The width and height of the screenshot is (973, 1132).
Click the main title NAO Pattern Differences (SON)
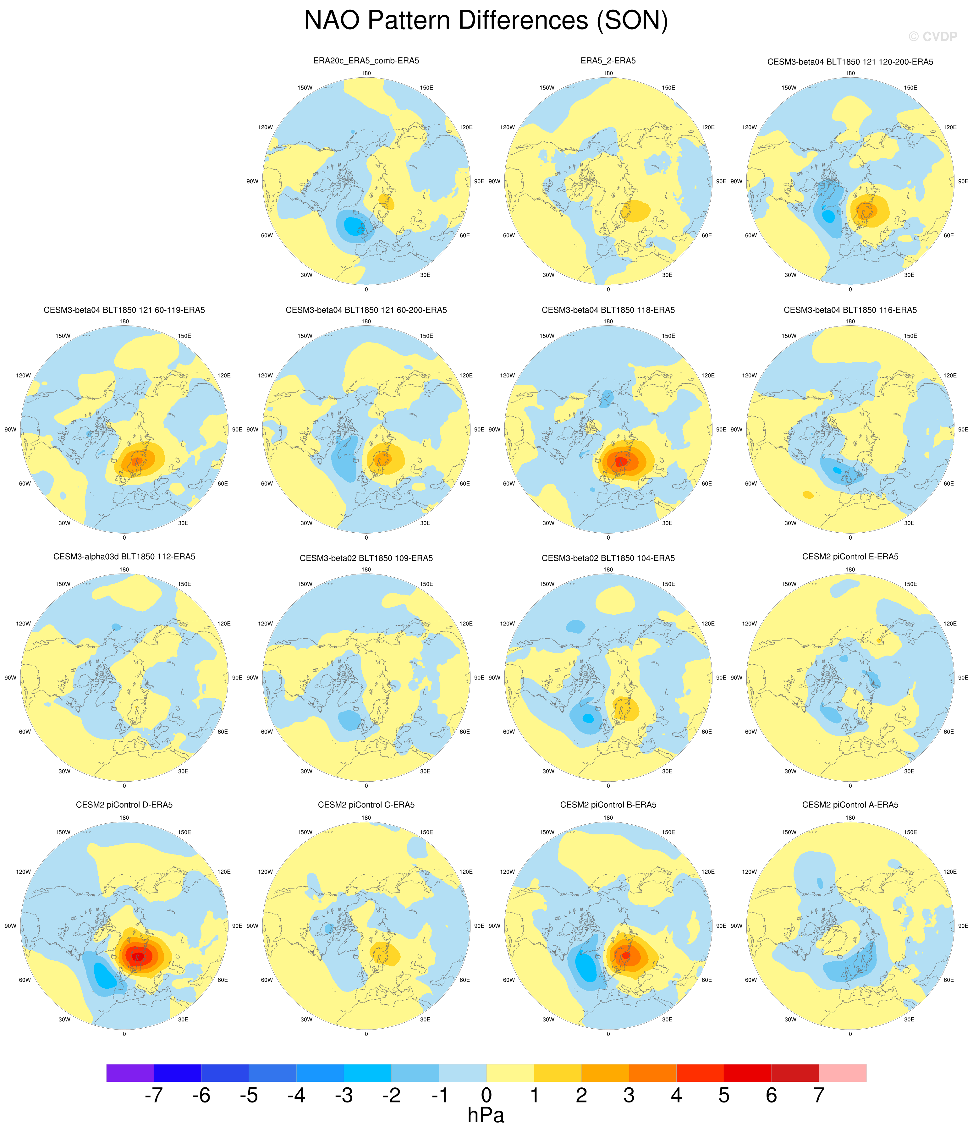click(x=486, y=21)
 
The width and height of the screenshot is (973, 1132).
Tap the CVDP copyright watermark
click(x=932, y=36)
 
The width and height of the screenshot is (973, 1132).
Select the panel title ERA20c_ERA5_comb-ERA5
click(x=366, y=61)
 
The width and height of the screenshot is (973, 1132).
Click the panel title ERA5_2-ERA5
click(x=608, y=61)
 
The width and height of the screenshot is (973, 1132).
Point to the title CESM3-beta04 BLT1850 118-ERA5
click(x=608, y=310)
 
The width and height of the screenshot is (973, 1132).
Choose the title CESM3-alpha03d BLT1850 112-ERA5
click(x=124, y=557)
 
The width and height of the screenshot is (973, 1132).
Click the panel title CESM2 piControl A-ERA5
click(x=850, y=805)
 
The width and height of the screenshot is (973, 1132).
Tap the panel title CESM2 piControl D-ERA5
click(x=124, y=805)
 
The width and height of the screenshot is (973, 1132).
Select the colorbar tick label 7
click(x=818, y=1096)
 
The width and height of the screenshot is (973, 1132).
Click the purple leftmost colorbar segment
click(x=130, y=1073)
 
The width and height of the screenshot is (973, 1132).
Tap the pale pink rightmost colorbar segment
click(x=843, y=1073)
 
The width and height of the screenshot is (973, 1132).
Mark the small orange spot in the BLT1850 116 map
click(x=808, y=495)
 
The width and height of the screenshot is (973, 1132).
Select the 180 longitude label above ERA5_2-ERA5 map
click(x=608, y=73)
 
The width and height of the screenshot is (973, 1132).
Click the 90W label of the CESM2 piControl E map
click(x=736, y=678)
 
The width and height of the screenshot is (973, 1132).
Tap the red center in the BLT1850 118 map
click(x=621, y=462)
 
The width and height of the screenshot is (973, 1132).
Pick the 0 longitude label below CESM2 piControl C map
click(x=366, y=1034)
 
